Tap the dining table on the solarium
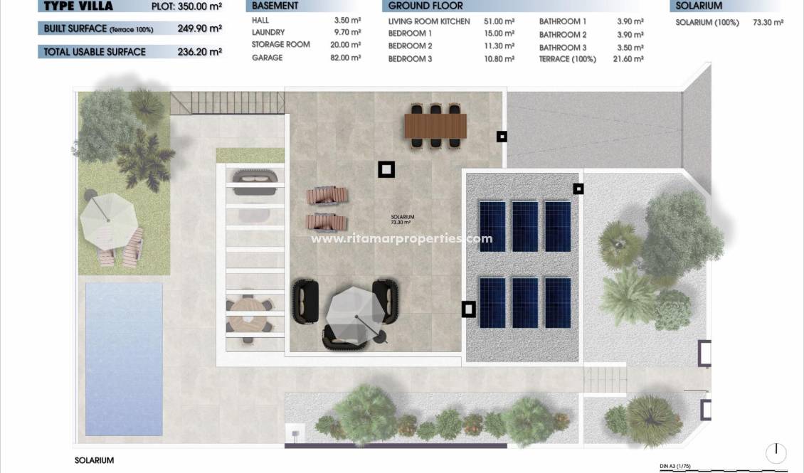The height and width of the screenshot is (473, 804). click(x=435, y=126)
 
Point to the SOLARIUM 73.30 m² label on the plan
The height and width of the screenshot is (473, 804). click(x=402, y=220)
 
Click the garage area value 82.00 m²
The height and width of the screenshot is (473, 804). click(x=347, y=58)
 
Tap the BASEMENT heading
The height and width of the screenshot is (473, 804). click(x=275, y=6)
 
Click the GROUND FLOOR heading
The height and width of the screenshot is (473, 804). click(x=425, y=6)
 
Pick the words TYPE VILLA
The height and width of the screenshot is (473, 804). click(x=78, y=6)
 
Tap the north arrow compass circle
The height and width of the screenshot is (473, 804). click(x=776, y=453)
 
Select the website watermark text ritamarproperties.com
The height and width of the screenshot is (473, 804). click(x=402, y=238)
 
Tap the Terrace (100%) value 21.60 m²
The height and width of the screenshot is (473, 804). click(x=628, y=59)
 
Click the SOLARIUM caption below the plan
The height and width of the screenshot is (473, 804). click(x=94, y=460)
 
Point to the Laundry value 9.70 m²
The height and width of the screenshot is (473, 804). click(x=348, y=33)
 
